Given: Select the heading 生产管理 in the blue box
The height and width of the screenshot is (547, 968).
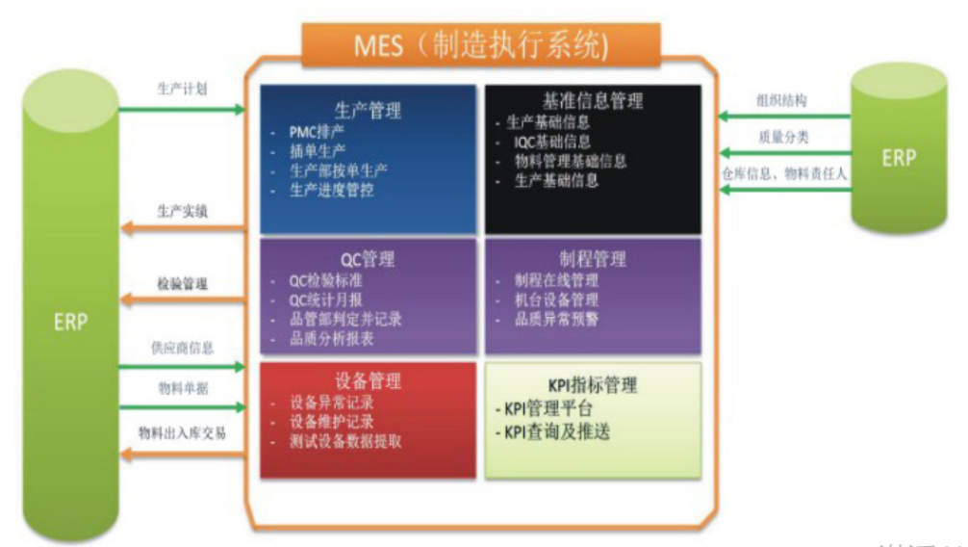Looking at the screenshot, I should click(368, 110).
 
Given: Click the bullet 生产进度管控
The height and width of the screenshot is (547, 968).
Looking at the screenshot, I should click(332, 189).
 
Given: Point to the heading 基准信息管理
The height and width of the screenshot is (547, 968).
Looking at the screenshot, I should click(593, 100).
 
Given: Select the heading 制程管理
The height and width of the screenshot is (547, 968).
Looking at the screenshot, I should click(593, 258).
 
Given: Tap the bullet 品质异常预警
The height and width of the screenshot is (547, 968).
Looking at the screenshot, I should click(556, 319).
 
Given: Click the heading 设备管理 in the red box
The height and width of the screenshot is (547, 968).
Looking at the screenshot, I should click(368, 381).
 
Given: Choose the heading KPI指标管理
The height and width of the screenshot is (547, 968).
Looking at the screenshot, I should click(593, 385).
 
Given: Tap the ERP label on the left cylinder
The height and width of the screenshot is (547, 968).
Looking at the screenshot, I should click(69, 322).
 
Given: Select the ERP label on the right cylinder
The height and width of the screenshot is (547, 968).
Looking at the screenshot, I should click(899, 158).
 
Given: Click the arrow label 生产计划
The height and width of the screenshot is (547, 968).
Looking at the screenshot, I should click(182, 89).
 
